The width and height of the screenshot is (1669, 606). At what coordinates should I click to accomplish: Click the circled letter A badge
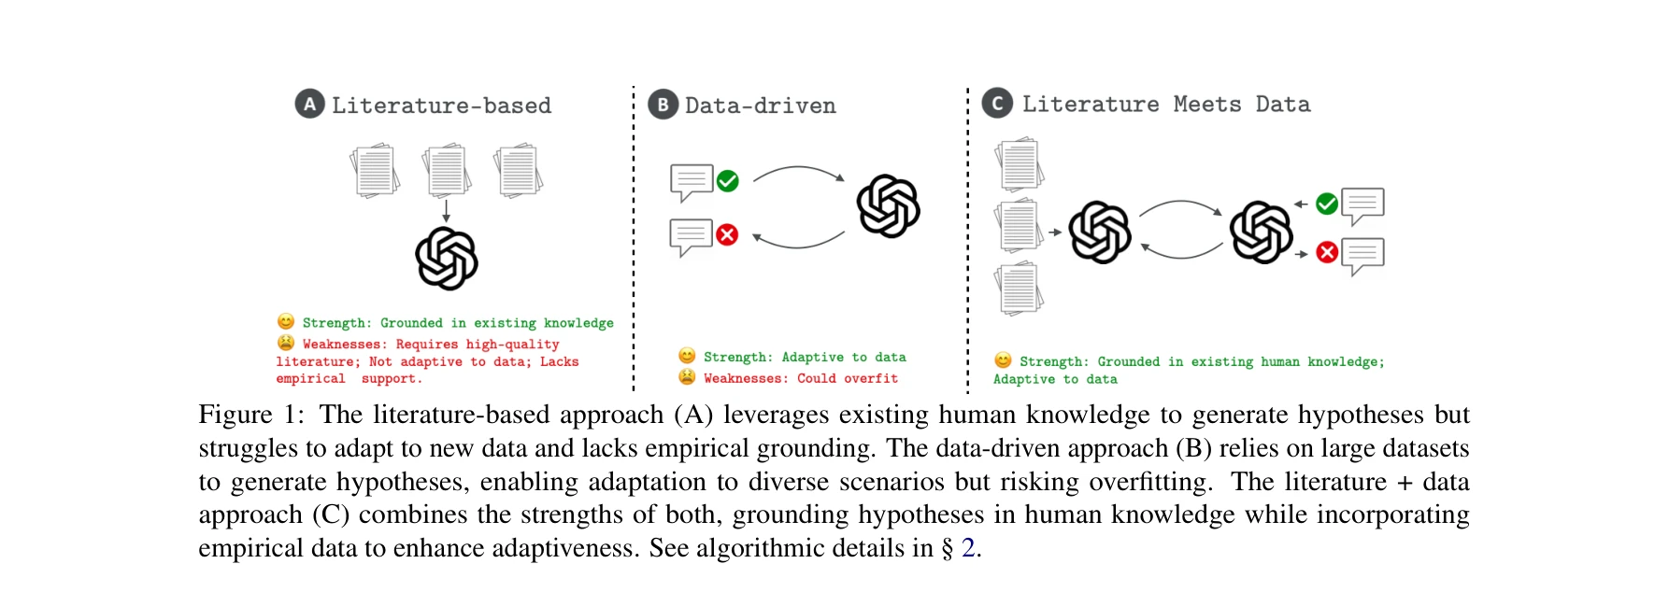pyautogui.click(x=309, y=105)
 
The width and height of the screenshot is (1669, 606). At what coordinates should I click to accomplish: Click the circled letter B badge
pyautogui.click(x=663, y=105)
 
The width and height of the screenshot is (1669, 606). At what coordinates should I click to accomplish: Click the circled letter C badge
pyautogui.click(x=997, y=104)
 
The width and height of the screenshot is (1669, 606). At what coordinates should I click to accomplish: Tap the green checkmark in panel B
pyautogui.click(x=727, y=181)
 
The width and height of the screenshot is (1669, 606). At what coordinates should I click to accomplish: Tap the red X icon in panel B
pyautogui.click(x=727, y=234)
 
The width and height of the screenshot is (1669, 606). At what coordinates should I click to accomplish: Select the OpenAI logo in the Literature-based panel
pyautogui.click(x=447, y=258)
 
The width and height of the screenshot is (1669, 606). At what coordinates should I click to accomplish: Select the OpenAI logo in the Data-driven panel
pyautogui.click(x=889, y=206)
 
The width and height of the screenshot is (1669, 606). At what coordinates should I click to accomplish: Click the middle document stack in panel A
pyautogui.click(x=446, y=170)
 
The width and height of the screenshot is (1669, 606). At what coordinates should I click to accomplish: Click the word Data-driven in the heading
pyautogui.click(x=760, y=106)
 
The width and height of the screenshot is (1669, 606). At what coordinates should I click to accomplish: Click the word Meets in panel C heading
pyautogui.click(x=1207, y=105)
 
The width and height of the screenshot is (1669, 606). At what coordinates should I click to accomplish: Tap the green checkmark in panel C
pyautogui.click(x=1326, y=204)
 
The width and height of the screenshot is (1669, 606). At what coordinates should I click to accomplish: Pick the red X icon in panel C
pyautogui.click(x=1326, y=252)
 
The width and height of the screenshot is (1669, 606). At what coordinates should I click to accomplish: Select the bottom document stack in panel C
pyautogui.click(x=1019, y=289)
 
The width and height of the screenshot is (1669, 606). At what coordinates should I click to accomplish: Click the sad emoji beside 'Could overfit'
pyautogui.click(x=687, y=377)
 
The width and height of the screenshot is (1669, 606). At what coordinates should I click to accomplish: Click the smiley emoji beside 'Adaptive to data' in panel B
pyautogui.click(x=687, y=356)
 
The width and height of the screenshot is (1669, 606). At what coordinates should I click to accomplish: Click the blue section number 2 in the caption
pyautogui.click(x=968, y=548)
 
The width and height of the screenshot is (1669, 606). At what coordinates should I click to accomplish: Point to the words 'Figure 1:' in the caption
pyautogui.click(x=250, y=415)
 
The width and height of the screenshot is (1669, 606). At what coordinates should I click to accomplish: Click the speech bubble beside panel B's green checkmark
pyautogui.click(x=692, y=182)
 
